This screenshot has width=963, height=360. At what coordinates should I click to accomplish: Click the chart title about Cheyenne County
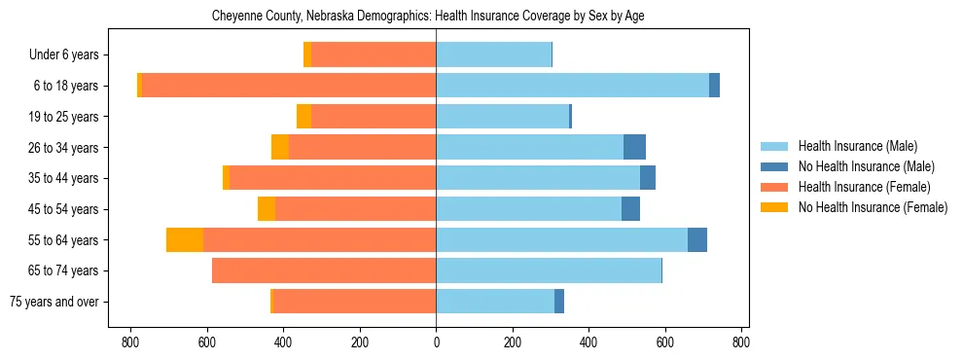[x=428, y=17]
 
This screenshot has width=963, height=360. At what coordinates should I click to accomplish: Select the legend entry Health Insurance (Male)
[x=857, y=146]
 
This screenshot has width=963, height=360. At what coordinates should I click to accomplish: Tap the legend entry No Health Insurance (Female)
[x=872, y=207]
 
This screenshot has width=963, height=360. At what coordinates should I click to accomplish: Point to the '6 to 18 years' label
[x=65, y=86]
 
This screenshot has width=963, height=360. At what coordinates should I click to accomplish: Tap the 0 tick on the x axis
[x=436, y=342]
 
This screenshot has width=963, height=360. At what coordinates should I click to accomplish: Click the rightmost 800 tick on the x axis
[x=741, y=342]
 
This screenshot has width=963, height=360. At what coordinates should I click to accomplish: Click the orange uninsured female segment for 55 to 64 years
[x=185, y=239]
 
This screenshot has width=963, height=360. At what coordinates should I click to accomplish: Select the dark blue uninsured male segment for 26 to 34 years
[x=634, y=147]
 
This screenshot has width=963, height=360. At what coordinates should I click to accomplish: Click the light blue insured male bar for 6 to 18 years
[x=572, y=86]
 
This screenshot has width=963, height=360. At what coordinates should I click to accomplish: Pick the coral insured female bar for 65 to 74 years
[x=324, y=270]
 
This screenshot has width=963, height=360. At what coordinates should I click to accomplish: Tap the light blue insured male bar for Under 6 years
[x=493, y=54]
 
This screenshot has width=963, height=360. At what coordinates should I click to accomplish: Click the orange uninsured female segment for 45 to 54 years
[x=267, y=209]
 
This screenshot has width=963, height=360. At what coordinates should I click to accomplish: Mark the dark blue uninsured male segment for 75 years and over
[x=559, y=302]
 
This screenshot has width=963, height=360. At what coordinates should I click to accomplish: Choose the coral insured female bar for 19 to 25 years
[x=374, y=117]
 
